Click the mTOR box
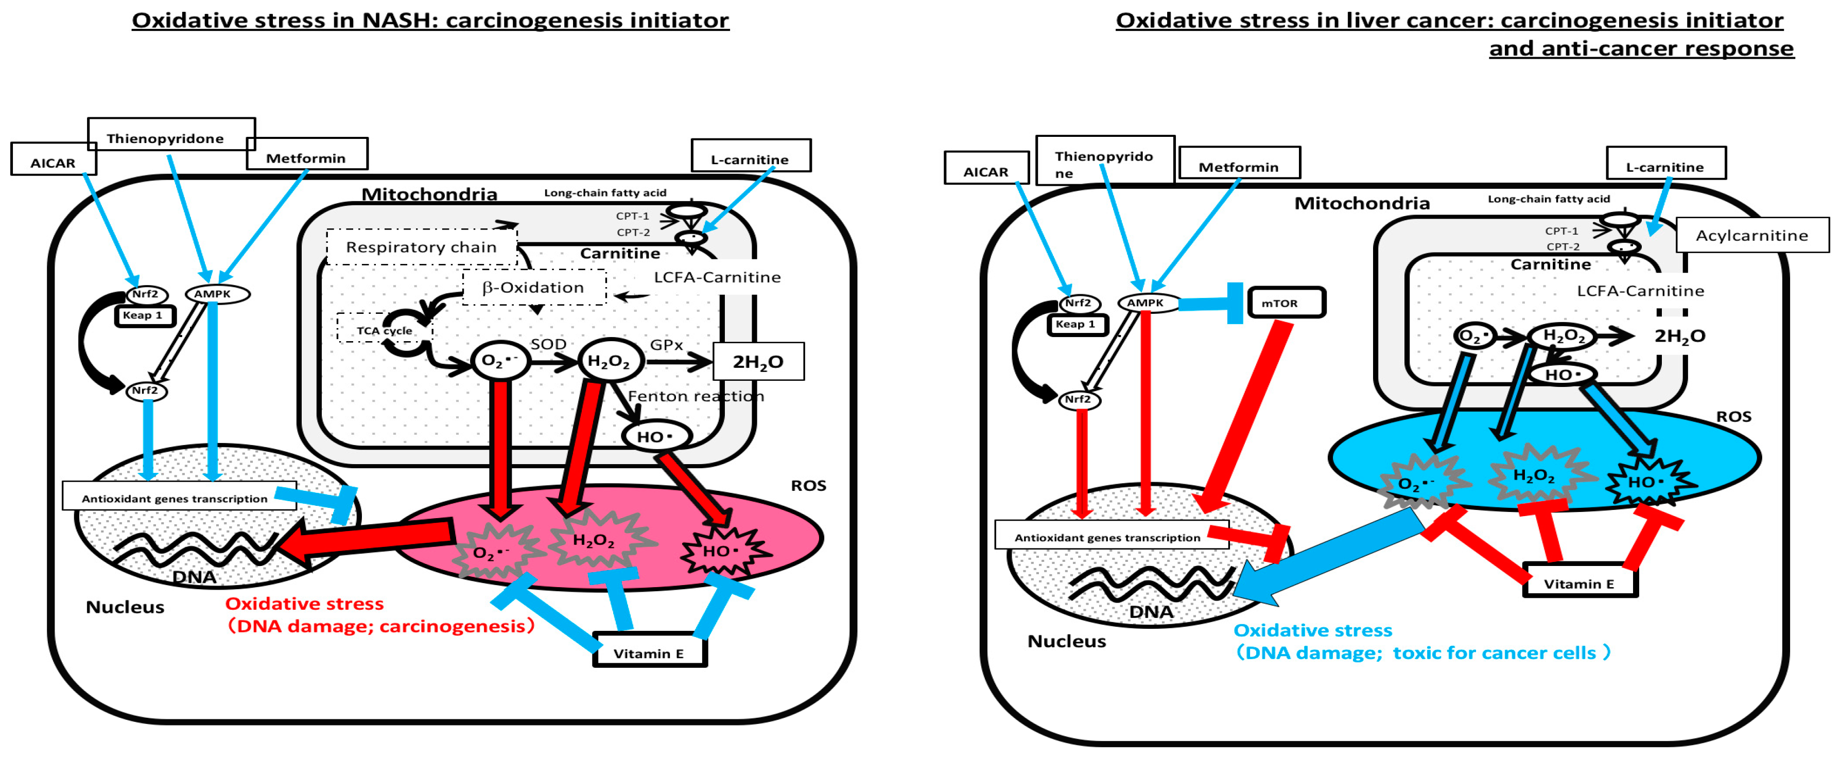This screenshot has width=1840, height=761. pyautogui.click(x=1286, y=303)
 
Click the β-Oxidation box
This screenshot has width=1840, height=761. pyautogui.click(x=533, y=287)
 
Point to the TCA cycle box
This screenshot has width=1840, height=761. pyautogui.click(x=384, y=330)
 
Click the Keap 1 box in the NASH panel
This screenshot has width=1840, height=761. pyautogui.click(x=144, y=315)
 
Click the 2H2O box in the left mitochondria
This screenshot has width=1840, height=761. pyautogui.click(x=758, y=361)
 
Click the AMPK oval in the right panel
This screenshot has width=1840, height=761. pyautogui.click(x=1145, y=303)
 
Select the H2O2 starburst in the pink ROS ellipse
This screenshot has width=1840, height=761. pyautogui.click(x=594, y=540)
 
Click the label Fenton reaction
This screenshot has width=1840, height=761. pyautogui.click(x=695, y=396)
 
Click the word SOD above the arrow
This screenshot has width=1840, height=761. pyautogui.click(x=548, y=344)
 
